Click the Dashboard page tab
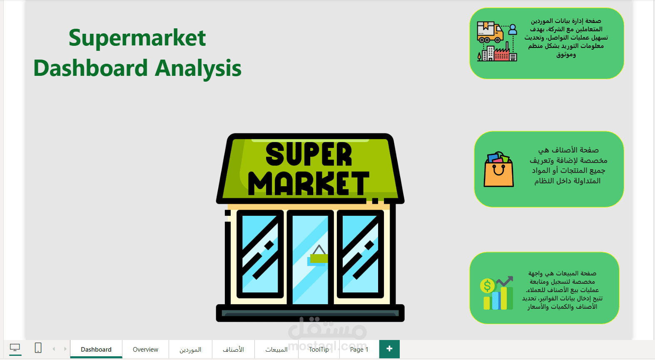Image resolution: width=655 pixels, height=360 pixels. click(x=96, y=349)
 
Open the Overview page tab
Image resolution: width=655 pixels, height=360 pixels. click(x=145, y=349)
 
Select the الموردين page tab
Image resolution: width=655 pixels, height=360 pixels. click(x=190, y=349)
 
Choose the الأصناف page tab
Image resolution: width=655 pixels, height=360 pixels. click(x=233, y=349)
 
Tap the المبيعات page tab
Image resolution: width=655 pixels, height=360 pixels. click(x=276, y=349)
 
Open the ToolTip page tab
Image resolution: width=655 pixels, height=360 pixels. click(x=319, y=349)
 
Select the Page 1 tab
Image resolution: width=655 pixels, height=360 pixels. click(x=359, y=349)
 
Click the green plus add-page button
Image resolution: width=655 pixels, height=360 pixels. click(x=389, y=349)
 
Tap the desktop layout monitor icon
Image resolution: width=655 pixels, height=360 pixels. click(x=15, y=347)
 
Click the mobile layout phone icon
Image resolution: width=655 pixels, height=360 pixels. click(x=38, y=347)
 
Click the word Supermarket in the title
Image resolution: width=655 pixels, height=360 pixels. click(x=137, y=38)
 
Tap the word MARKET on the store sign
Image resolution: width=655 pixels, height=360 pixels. click(x=309, y=183)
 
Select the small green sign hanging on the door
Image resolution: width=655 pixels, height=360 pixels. click(x=319, y=258)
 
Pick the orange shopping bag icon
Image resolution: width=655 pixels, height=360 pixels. click(x=498, y=169)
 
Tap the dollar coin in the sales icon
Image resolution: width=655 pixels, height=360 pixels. click(x=488, y=286)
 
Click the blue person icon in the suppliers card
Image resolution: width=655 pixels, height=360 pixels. click(x=513, y=30)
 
